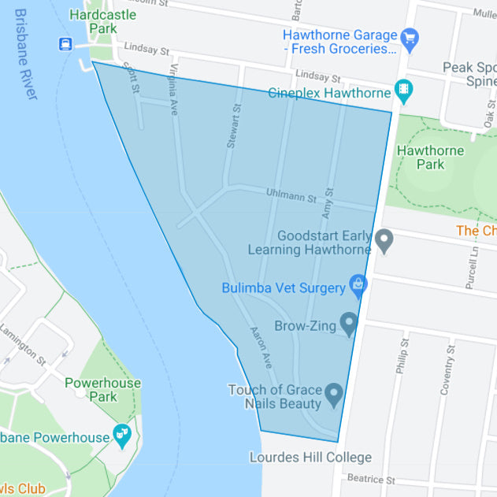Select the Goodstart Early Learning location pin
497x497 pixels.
(x=384, y=239)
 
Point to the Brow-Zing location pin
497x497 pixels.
(x=348, y=322)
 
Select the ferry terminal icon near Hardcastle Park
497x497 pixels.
(x=65, y=44)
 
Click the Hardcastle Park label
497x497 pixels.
(x=102, y=22)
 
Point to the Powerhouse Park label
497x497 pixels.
(x=102, y=390)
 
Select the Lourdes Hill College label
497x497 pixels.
(x=310, y=458)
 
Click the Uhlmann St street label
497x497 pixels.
(x=291, y=195)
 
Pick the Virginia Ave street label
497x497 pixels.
(x=172, y=91)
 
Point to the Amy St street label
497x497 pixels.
(x=328, y=203)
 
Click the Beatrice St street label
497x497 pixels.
(x=370, y=479)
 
